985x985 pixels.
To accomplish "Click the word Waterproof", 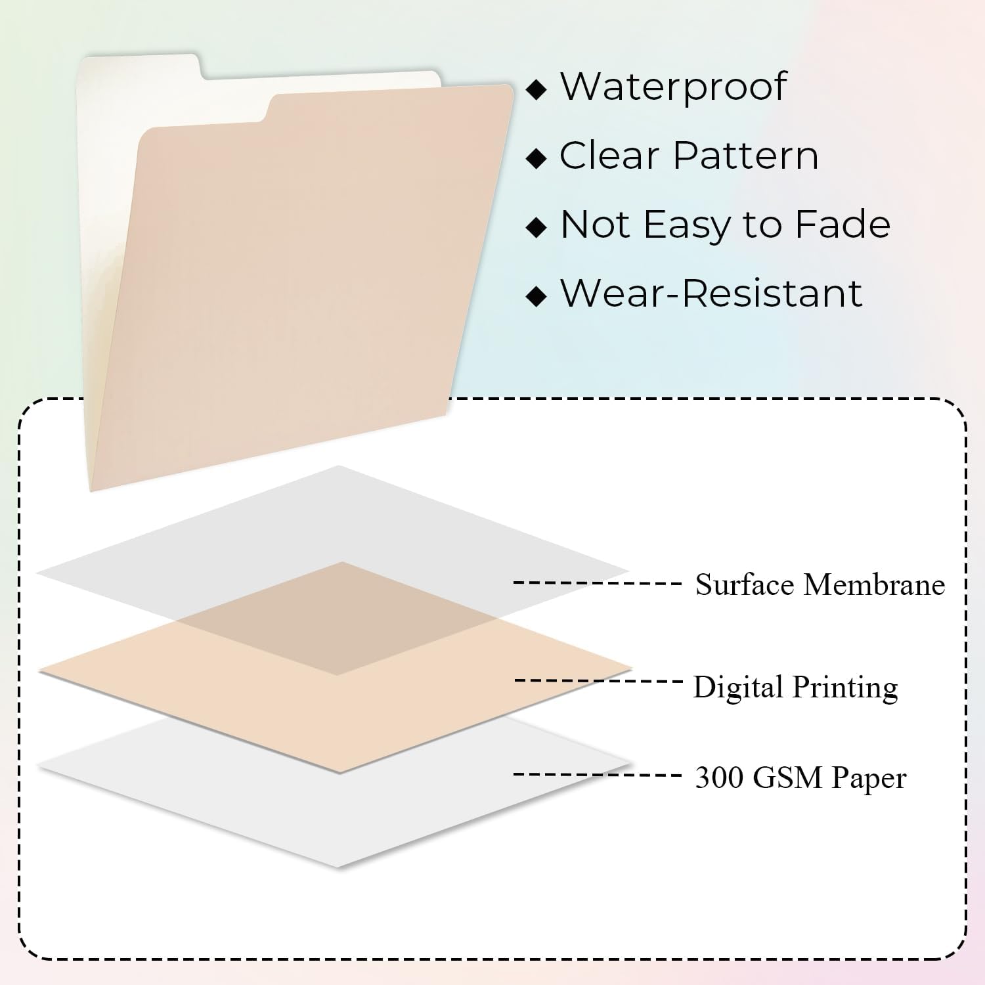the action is click(673, 87).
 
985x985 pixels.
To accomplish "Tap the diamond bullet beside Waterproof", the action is click(537, 89).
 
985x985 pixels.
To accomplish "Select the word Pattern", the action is click(746, 156).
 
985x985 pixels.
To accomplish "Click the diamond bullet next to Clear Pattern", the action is click(537, 158).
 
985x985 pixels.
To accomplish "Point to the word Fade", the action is click(843, 224).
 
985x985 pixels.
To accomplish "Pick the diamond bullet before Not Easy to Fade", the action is click(537, 227).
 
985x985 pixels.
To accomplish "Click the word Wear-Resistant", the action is click(711, 293).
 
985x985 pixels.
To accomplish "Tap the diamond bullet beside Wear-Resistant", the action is click(537, 296).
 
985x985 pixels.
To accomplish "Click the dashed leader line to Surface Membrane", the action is click(598, 582).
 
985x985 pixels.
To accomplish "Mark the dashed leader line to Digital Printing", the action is click(599, 680).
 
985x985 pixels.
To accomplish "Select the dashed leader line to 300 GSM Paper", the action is click(598, 775).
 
